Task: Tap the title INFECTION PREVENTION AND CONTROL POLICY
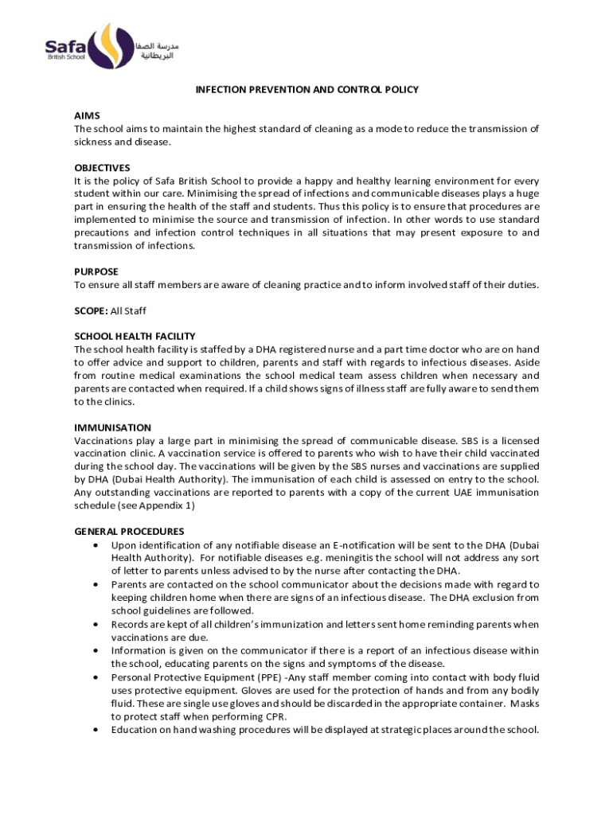(x=307, y=90)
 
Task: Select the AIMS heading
(x=87, y=116)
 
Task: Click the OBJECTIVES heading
(x=102, y=168)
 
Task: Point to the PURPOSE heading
(x=96, y=271)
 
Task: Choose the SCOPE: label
(x=90, y=310)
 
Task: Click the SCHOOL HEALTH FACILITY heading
(x=135, y=337)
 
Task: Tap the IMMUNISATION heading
(x=112, y=427)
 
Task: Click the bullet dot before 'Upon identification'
(x=96, y=545)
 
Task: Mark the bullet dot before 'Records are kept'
(x=96, y=625)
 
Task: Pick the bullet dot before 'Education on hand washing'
(x=96, y=729)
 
